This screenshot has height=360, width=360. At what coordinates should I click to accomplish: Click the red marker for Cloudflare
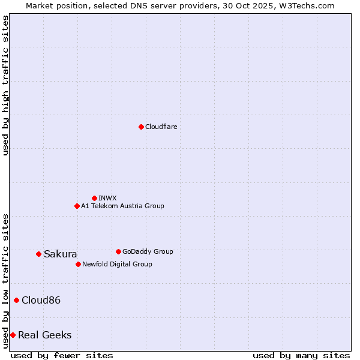(x=141, y=127)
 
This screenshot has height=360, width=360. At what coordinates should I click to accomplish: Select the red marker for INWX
(x=94, y=198)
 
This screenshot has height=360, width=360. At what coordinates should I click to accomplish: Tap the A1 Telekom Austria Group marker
(x=77, y=206)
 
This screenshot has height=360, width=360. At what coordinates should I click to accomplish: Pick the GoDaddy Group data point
(x=118, y=251)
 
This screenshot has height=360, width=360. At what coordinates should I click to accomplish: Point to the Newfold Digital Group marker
(x=78, y=264)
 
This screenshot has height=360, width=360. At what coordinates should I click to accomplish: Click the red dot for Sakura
(x=38, y=254)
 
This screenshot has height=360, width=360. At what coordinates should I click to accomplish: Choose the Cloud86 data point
(x=16, y=300)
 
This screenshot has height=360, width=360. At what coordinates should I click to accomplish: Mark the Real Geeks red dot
(x=13, y=335)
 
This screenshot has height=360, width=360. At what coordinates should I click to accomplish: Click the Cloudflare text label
(x=161, y=127)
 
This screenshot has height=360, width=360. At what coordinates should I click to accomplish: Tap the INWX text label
(x=107, y=198)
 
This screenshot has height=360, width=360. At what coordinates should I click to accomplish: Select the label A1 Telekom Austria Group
(x=122, y=206)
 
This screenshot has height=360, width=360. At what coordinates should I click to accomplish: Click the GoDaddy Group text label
(x=148, y=251)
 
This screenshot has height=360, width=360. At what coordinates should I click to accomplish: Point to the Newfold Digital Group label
(x=117, y=264)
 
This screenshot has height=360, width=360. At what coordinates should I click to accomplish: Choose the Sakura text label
(x=61, y=254)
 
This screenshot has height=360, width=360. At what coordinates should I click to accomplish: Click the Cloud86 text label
(x=41, y=300)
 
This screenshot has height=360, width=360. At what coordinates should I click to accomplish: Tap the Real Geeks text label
(x=45, y=335)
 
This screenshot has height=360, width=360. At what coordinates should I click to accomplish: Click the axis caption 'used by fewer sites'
(x=62, y=355)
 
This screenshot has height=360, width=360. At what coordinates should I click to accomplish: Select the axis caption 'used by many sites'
(x=301, y=355)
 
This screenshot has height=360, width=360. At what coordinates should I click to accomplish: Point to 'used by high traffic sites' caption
(x=5, y=85)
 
